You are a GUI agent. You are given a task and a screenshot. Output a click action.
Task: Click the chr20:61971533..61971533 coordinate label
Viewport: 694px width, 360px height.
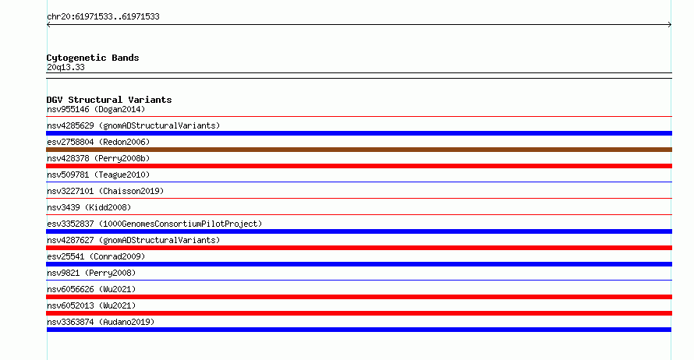tap(103, 16)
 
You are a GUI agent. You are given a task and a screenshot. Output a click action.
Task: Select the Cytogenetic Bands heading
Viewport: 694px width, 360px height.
tap(93, 58)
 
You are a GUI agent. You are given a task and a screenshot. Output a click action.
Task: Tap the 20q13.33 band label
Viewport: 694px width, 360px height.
tap(66, 67)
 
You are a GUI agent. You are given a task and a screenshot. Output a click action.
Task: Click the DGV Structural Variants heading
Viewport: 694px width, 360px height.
tap(109, 100)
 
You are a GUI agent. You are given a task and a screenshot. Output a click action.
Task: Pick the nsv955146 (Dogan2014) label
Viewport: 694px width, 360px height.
tap(96, 109)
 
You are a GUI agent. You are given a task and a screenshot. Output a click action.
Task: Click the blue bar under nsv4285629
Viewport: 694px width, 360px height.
tap(359, 133)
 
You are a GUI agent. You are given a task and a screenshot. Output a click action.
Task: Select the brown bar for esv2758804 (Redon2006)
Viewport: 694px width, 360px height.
tap(359, 150)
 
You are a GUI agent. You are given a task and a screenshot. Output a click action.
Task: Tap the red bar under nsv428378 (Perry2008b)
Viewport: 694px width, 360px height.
tap(359, 166)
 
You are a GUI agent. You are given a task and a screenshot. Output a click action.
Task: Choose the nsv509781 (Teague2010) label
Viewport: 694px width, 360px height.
tap(98, 175)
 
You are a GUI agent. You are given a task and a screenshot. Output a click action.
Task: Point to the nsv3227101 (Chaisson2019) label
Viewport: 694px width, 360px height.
tap(105, 191)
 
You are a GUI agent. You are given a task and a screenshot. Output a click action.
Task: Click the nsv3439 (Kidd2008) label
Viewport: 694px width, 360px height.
tap(89, 207)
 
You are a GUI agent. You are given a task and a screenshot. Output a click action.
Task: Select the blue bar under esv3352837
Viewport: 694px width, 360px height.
tap(359, 231)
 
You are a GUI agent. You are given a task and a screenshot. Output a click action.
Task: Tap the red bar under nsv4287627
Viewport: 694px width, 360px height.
tap(359, 248)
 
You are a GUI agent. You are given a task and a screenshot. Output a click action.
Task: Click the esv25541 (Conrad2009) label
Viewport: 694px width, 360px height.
tap(96, 256)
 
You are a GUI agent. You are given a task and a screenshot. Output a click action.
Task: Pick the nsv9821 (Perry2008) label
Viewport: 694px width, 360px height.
tap(91, 273)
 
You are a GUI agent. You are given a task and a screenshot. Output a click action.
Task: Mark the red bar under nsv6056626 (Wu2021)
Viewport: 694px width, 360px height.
tap(359, 297)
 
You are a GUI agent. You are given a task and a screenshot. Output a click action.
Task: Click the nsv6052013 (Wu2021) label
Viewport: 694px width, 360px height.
tap(91, 305)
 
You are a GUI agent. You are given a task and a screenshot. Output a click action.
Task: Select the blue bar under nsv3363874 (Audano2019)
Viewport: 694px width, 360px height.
tap(359, 330)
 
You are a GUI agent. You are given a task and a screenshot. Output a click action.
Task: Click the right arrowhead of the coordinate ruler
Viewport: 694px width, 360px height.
tap(670, 25)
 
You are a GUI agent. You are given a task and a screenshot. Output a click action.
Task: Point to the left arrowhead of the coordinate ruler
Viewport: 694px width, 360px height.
tap(48, 25)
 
